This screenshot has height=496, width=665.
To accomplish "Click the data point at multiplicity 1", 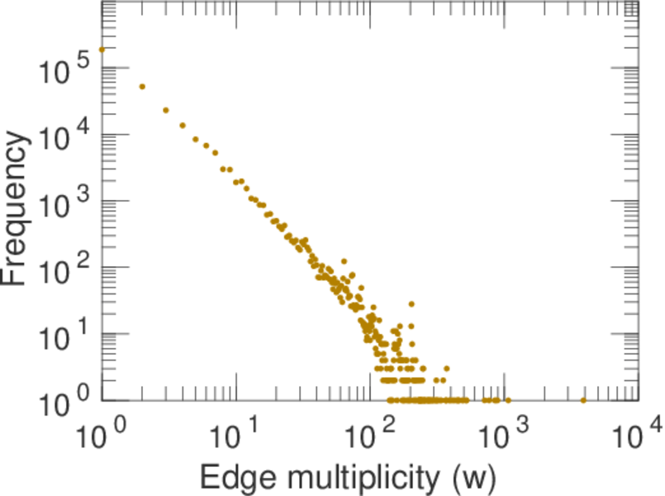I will (x=102, y=49).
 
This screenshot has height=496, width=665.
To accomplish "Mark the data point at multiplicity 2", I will (x=142, y=87).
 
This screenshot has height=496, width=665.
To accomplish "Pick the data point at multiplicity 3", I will (x=166, y=110).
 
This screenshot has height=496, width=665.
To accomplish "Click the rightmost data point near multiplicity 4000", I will (x=583, y=400).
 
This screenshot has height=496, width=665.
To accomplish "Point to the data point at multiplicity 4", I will (x=183, y=126).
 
